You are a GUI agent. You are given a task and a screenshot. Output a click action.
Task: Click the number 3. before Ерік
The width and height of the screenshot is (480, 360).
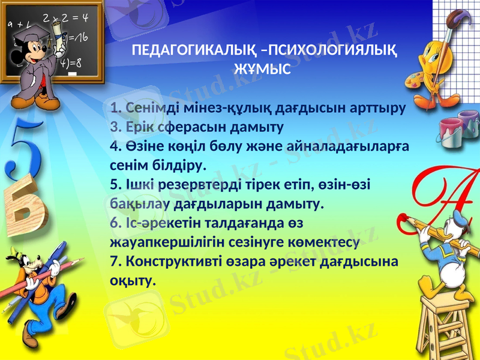click(x=116, y=128)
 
